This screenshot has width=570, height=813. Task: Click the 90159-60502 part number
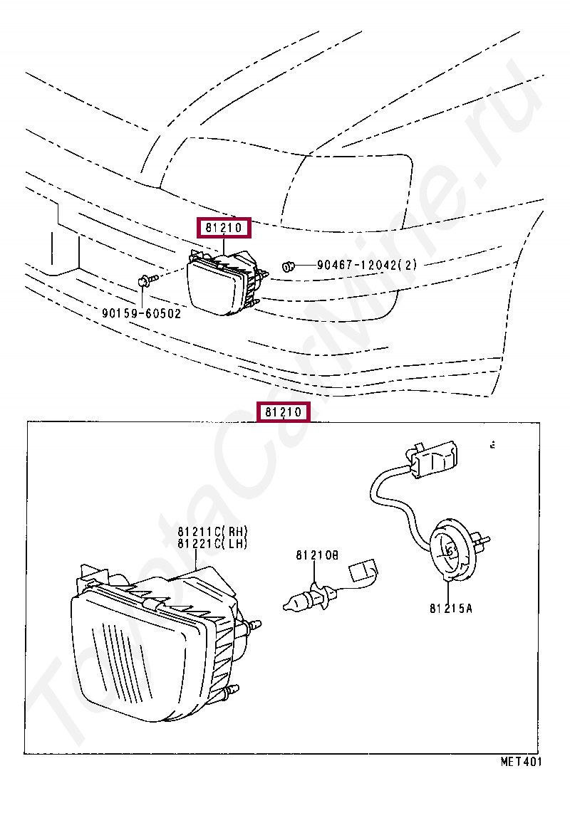[141, 313]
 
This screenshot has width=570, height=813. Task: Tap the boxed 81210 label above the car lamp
[224, 229]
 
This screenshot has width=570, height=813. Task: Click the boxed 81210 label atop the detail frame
[284, 412]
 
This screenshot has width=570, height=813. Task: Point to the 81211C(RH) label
[213, 531]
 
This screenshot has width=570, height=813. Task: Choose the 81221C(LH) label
[213, 544]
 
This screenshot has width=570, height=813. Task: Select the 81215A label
[450, 608]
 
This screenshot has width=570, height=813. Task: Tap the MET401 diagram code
[520, 762]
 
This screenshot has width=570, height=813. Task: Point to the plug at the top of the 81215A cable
[435, 457]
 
